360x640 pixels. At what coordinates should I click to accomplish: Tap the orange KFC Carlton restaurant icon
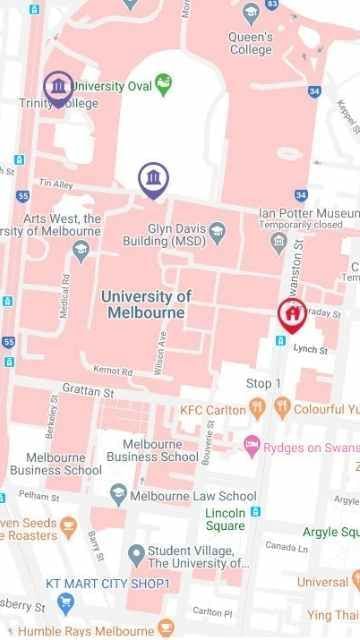coord(258,408)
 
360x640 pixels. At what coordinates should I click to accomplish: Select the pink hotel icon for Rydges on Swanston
coord(253,445)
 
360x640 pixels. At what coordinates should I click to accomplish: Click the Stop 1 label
coord(264,384)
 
